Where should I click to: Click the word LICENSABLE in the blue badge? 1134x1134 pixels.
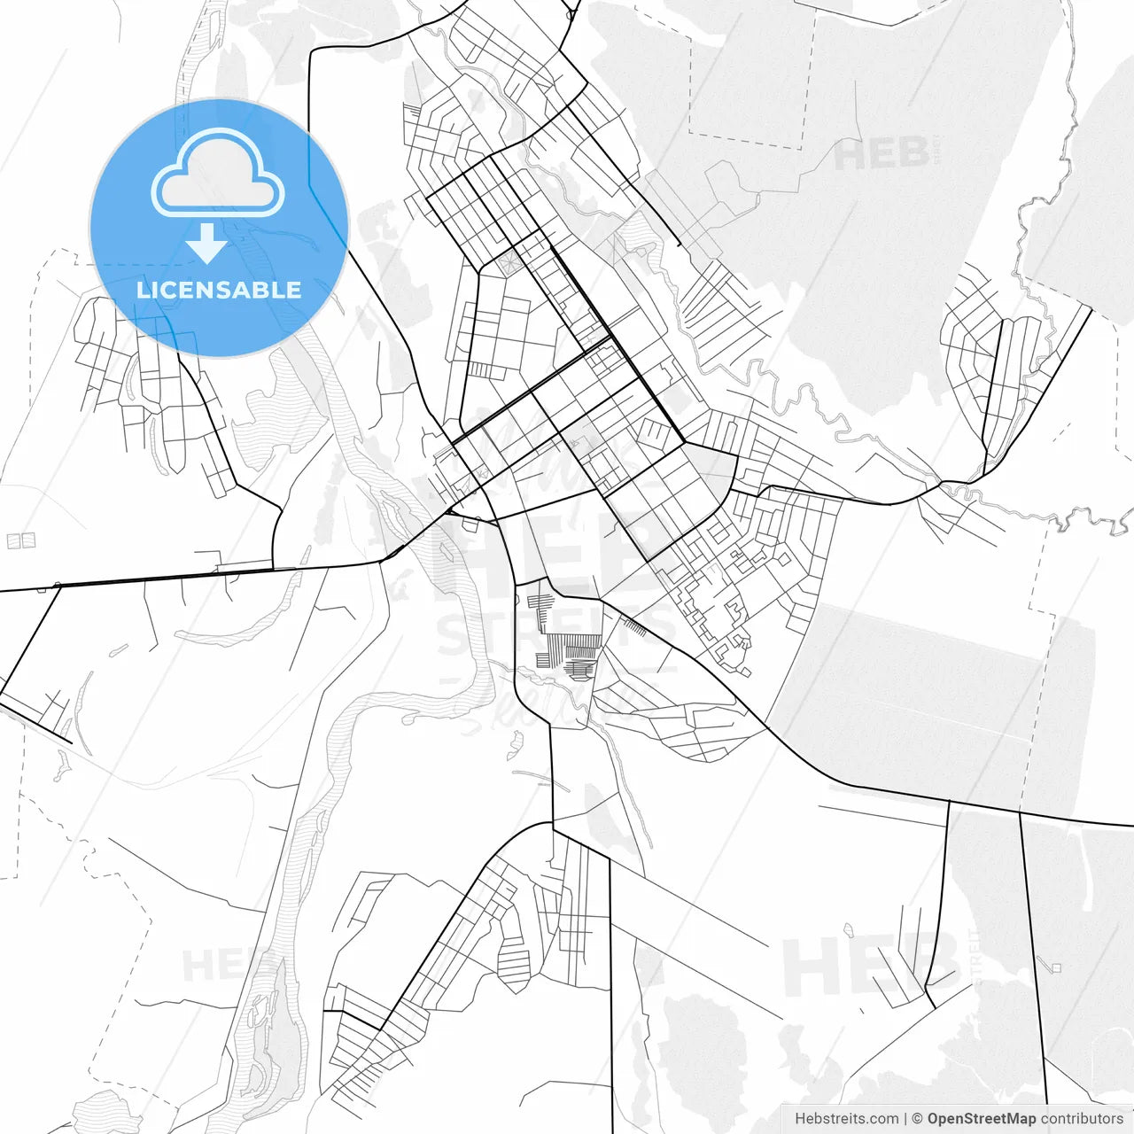(219, 290)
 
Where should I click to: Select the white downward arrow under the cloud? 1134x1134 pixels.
(206, 243)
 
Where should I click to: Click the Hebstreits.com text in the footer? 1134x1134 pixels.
(847, 1119)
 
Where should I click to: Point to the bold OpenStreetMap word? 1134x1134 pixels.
(982, 1119)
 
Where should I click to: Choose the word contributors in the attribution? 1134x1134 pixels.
(1082, 1119)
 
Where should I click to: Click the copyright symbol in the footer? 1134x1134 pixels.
(918, 1119)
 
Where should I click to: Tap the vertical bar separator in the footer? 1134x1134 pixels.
(905, 1119)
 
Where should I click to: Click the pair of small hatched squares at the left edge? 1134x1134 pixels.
(21, 540)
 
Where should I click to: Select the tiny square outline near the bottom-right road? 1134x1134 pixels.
(1055, 967)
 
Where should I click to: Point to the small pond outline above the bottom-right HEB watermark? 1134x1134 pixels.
(848, 931)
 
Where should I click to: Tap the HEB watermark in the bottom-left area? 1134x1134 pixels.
(217, 966)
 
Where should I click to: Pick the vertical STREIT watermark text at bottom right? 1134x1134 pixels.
(975, 957)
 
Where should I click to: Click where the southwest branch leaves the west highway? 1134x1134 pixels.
(58, 586)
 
